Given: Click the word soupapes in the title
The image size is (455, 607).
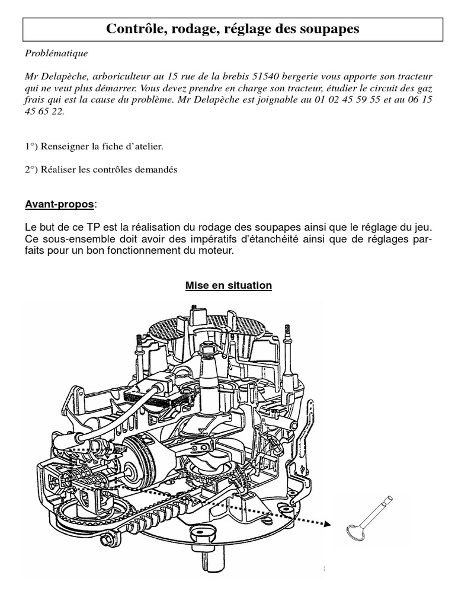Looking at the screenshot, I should (x=328, y=28).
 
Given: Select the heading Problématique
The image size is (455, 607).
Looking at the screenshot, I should (x=56, y=53).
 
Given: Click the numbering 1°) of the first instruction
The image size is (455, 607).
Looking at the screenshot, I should (x=33, y=146).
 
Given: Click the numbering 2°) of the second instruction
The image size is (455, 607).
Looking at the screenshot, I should (x=33, y=169).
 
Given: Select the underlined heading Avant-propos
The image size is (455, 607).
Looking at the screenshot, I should (x=59, y=205).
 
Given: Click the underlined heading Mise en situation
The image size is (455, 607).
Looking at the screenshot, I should (x=229, y=286).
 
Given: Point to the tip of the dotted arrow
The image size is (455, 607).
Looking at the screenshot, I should (x=327, y=523).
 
